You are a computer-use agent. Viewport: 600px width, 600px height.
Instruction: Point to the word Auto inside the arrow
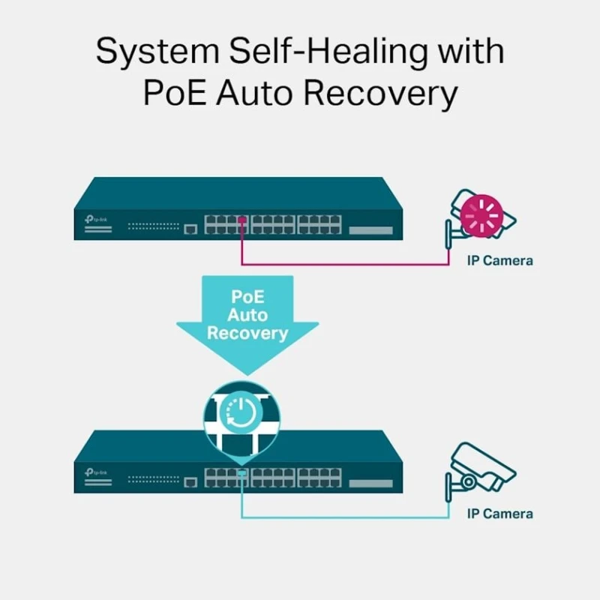[247, 315]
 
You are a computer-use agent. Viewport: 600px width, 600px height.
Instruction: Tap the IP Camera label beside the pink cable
[499, 261]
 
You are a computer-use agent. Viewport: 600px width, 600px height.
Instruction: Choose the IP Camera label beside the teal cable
[499, 514]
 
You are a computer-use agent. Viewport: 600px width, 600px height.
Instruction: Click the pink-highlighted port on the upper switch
[241, 220]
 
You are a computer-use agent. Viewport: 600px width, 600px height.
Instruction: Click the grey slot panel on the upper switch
[370, 229]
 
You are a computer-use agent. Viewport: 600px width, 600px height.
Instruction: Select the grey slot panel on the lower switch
[370, 482]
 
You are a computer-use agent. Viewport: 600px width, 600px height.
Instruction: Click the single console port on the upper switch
[190, 229]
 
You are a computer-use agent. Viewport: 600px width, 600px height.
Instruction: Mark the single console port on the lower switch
[190, 481]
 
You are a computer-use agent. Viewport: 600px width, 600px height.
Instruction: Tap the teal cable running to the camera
[345, 517]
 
